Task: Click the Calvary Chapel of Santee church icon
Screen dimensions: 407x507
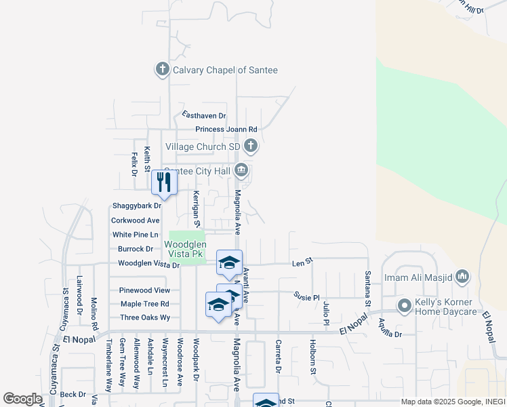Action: [162, 69]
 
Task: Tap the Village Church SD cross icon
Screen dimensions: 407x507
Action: [251, 146]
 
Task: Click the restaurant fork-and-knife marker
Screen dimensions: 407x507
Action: [164, 182]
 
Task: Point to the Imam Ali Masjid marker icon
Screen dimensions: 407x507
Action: [463, 276]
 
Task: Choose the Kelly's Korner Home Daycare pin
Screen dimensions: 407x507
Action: [405, 305]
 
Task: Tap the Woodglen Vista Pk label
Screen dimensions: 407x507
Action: [183, 249]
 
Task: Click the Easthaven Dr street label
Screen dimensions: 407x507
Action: [203, 116]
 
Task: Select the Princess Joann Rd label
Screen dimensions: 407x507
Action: [226, 129]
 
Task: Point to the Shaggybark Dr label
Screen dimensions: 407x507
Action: [136, 206]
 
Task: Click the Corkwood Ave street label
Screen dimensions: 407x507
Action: [135, 220]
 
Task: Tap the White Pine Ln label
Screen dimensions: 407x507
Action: [135, 235]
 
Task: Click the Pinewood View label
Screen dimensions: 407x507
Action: [144, 290]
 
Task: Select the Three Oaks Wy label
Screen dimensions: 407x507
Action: [145, 317]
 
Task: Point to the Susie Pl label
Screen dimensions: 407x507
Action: [306, 296]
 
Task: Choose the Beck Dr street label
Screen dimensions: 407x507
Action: [73, 394]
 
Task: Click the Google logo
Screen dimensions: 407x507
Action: [22, 399]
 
